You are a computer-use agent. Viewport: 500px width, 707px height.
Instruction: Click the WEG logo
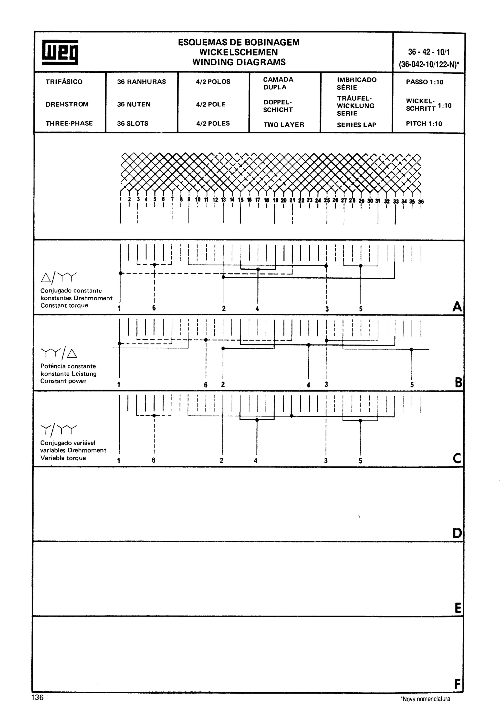coord(60,52)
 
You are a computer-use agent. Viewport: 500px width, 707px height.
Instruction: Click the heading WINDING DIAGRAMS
coord(239,62)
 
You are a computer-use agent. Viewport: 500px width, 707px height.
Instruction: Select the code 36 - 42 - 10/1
coord(428,52)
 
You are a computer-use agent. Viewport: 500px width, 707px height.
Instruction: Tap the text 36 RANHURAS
coord(141,81)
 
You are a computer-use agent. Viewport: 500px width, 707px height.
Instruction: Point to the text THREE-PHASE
coord(69,123)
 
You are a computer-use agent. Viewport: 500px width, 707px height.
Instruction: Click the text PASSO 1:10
coord(425,82)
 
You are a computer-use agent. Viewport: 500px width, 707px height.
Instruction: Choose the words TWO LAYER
coord(284,125)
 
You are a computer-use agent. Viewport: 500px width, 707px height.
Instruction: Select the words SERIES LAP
coord(356,125)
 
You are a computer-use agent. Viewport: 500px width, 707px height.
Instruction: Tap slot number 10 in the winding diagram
coord(198,200)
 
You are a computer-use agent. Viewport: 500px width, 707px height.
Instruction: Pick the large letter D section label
coord(457,533)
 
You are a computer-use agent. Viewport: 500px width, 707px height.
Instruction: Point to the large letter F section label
coord(458,685)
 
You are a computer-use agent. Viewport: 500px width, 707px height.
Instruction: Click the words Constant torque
coord(64,305)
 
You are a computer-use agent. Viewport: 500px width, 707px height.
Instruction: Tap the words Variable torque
coord(63,458)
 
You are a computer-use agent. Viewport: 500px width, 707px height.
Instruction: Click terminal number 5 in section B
coord(412,384)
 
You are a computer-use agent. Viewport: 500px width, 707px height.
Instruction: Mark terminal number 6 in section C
coord(153,460)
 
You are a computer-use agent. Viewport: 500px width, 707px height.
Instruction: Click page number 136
coord(38,697)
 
